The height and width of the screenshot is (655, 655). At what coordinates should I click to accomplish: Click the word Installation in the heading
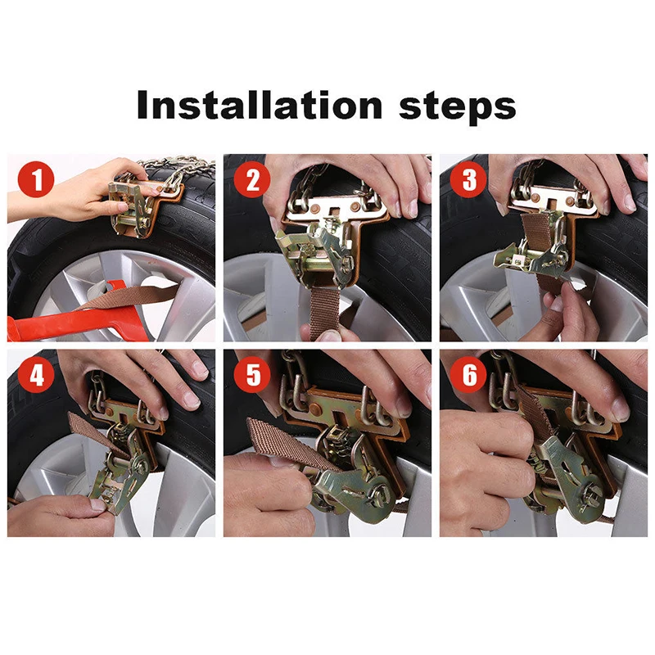tap(259, 104)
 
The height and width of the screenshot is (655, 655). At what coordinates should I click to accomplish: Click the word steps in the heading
tap(458, 107)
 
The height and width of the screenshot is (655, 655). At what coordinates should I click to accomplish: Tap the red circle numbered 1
tap(36, 178)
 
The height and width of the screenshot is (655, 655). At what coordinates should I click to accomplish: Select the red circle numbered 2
tap(252, 179)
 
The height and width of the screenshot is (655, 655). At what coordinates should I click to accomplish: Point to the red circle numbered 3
tap(468, 179)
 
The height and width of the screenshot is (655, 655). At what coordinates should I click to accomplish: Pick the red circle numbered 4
tap(36, 374)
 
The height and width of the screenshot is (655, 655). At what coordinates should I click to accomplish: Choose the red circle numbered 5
tap(252, 374)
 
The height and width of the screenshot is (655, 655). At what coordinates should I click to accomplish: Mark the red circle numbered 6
tap(468, 374)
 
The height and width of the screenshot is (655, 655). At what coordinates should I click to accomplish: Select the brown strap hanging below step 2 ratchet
tap(324, 309)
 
